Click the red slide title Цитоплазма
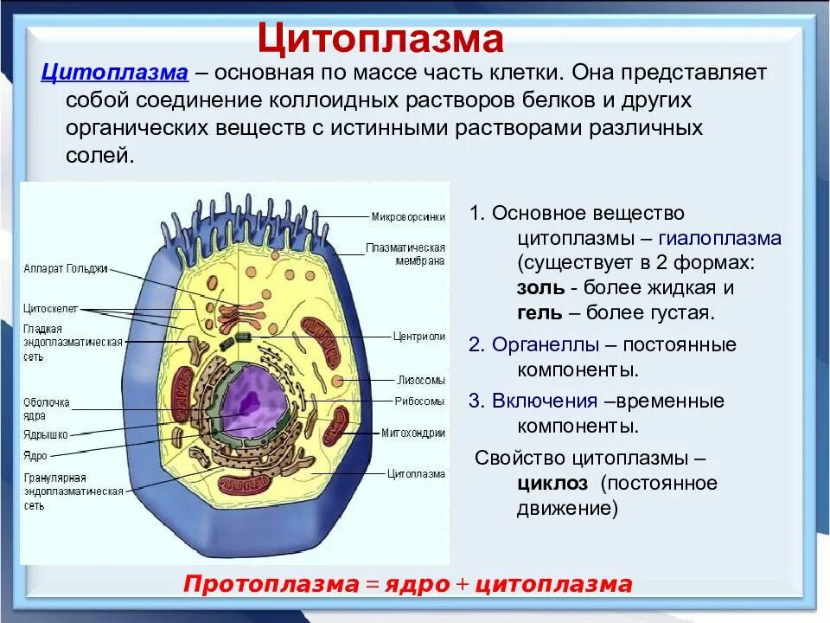coord(380,39)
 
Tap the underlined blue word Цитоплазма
coord(114,72)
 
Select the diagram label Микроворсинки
coord(408,216)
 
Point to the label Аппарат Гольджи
coord(66,268)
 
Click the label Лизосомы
coord(421,380)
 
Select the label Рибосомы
coord(419,401)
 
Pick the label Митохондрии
coord(413,433)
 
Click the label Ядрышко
coord(46,435)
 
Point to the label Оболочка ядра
coord(47,408)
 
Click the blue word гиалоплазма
coord(719,239)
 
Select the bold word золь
coord(541,288)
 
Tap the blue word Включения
coord(545,401)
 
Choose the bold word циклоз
coord(552,483)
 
